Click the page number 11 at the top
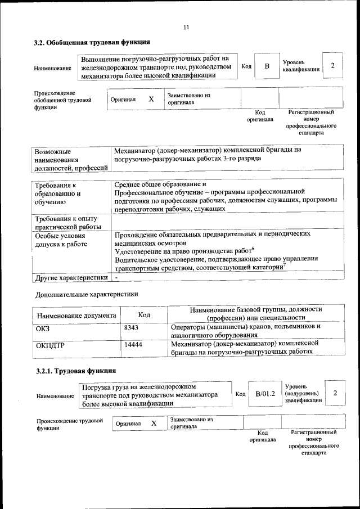[186, 27]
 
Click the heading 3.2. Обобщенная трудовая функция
[92, 42]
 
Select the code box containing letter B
[267, 66]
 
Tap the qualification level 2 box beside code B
[332, 66]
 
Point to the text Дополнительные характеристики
[86, 294]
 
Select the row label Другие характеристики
[71, 278]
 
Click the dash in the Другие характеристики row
[116, 278]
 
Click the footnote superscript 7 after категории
[285, 265]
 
